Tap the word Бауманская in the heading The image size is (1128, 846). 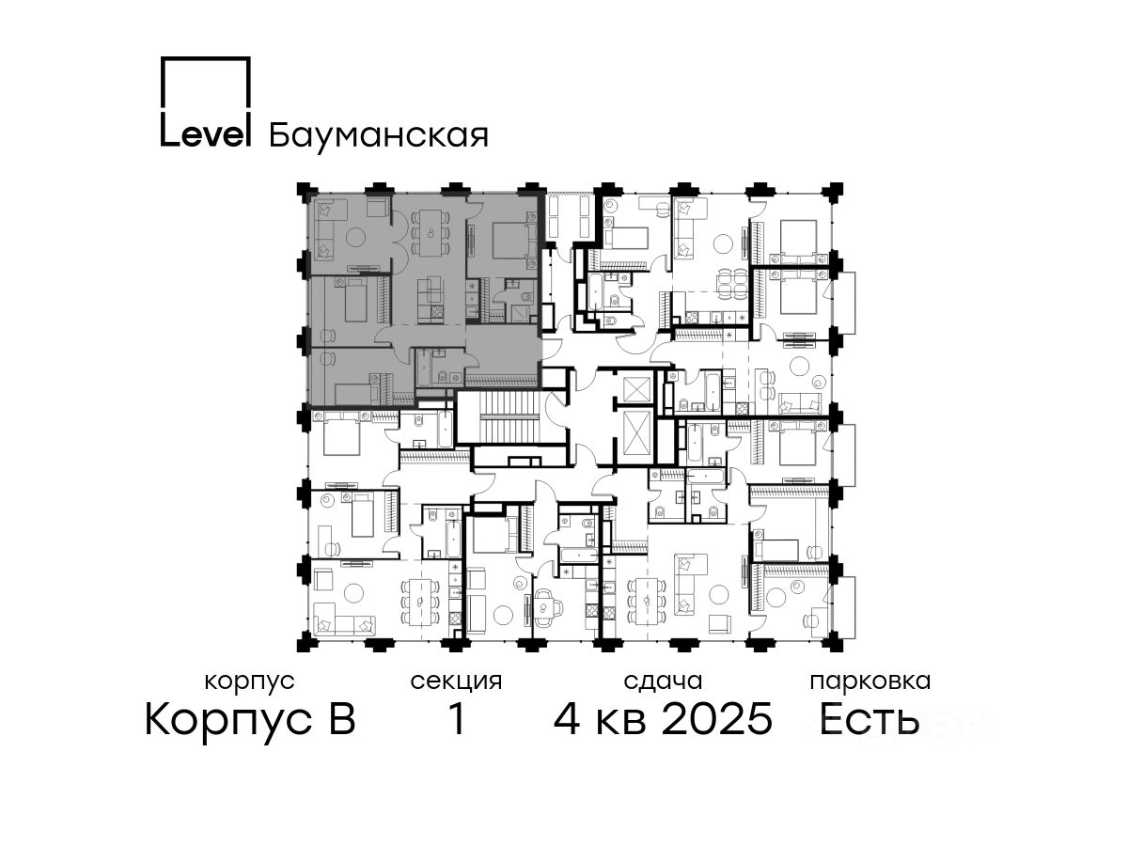[378, 135]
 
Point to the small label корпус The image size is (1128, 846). [249, 681]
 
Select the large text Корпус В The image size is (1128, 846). [250, 720]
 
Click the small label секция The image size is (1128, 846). [456, 681]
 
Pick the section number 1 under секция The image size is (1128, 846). [457, 719]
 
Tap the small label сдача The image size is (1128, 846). [663, 681]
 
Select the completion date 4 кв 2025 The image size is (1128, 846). [663, 719]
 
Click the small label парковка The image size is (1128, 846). [870, 681]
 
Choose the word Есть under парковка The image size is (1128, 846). [869, 719]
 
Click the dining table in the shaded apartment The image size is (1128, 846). [431, 233]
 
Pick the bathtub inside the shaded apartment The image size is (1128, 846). [425, 368]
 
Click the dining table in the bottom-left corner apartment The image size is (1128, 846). [420, 602]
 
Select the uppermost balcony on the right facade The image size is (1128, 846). [846, 303]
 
